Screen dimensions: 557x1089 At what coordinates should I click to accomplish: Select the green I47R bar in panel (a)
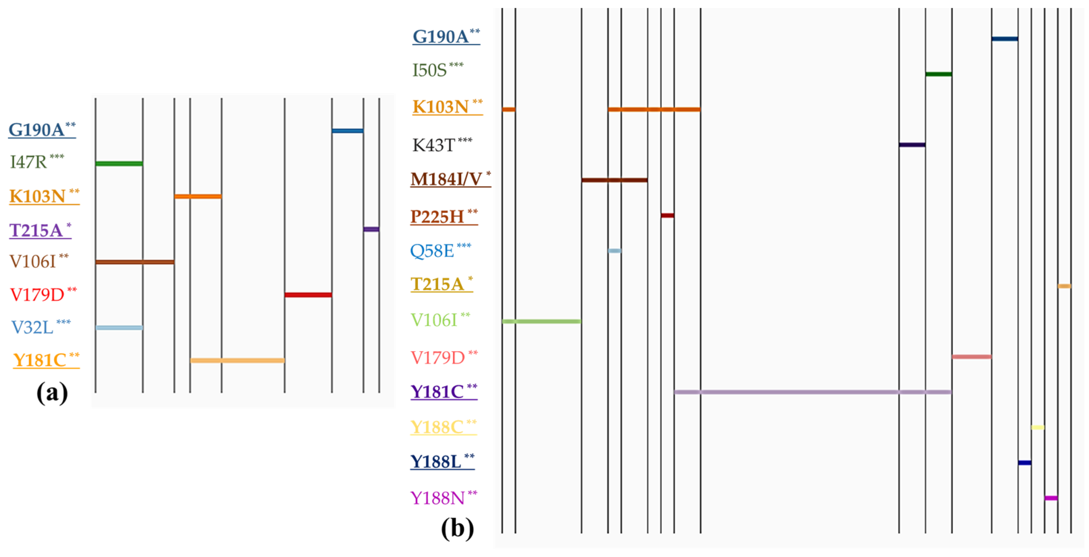pos(119,164)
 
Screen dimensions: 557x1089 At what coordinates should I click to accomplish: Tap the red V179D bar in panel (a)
pos(308,295)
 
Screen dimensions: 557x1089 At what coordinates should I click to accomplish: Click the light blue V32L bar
pos(119,327)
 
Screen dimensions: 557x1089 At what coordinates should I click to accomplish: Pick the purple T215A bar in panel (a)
pos(371,229)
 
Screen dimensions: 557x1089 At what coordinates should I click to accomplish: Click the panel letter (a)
pos(52,393)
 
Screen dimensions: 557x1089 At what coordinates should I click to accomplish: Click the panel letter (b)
pos(457,528)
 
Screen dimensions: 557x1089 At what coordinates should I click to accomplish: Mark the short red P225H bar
pos(667,216)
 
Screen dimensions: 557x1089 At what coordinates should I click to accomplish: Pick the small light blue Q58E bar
pos(614,251)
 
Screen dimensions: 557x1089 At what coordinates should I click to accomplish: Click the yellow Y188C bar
pos(1038,427)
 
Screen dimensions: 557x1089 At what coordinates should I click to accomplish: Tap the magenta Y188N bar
pos(1051,498)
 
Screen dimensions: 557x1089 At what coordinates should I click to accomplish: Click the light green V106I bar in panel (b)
pos(541,321)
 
